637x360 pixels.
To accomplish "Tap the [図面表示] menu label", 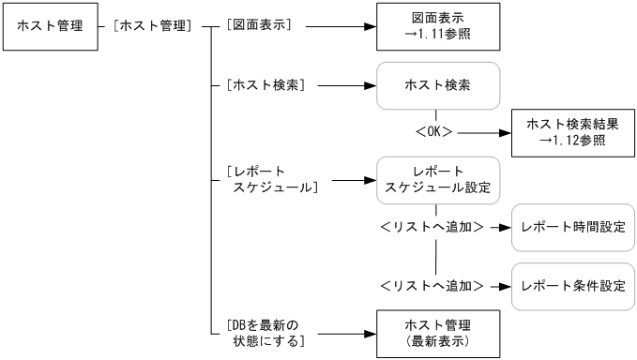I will (x=260, y=26).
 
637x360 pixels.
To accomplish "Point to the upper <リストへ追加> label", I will (x=432, y=227).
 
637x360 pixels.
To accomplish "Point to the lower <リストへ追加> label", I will (x=432, y=282).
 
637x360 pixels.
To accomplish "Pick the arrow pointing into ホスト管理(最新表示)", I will (x=342, y=332).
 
